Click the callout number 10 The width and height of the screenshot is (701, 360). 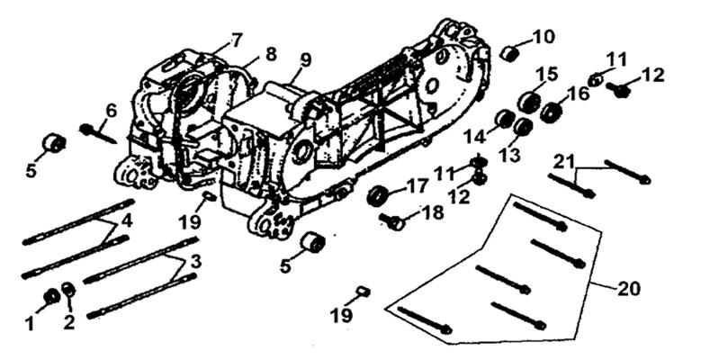[x=542, y=37]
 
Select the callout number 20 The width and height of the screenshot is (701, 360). [x=628, y=288]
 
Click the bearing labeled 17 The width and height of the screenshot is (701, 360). [x=377, y=197]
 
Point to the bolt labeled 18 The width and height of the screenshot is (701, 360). [x=392, y=220]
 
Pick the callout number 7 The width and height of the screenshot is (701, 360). [x=235, y=40]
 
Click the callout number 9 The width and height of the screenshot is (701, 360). [x=305, y=60]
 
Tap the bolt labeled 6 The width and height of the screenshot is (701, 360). [x=98, y=134]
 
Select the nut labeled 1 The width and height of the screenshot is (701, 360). [x=52, y=295]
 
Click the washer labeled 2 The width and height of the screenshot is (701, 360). [x=68, y=289]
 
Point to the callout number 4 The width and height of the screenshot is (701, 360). [x=127, y=220]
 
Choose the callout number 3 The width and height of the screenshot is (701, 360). [x=196, y=262]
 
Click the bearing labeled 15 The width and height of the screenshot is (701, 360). [x=529, y=102]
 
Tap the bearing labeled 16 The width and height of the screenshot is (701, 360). [x=552, y=112]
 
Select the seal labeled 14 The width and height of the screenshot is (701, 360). [x=507, y=118]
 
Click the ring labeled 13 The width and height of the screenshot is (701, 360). [x=523, y=126]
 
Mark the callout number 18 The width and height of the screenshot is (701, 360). [x=432, y=213]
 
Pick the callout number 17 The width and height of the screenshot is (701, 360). [x=418, y=186]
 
